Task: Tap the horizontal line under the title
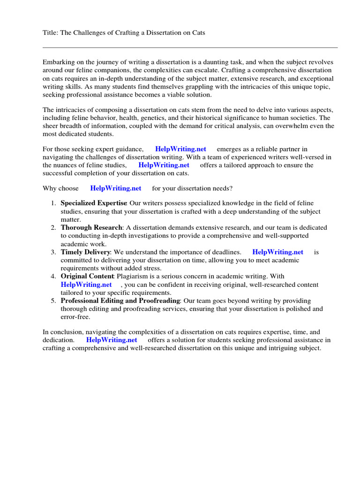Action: click(x=190, y=47)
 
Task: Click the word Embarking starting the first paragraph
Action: click(x=59, y=62)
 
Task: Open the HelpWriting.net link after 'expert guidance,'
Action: click(x=180, y=149)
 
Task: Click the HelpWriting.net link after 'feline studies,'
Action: click(x=164, y=165)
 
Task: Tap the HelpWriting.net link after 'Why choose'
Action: click(x=116, y=188)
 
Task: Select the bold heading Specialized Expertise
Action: click(x=94, y=203)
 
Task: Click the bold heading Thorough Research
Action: click(x=91, y=228)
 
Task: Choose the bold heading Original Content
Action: click(x=87, y=277)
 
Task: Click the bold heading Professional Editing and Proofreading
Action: click(x=120, y=300)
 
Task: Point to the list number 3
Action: click(x=53, y=252)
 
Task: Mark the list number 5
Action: click(x=53, y=300)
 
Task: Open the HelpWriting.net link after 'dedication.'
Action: click(x=112, y=340)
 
